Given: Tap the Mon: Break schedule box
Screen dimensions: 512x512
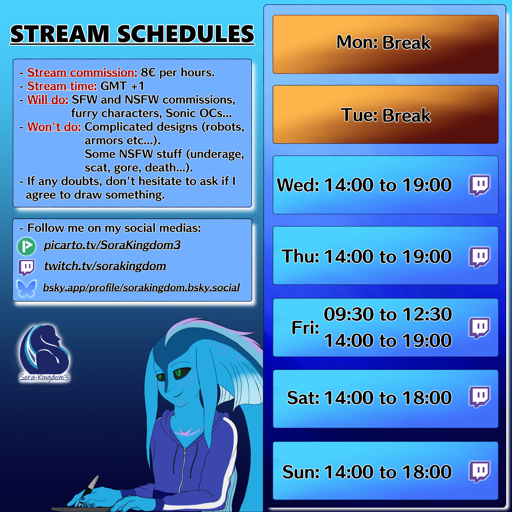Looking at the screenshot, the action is (386, 44).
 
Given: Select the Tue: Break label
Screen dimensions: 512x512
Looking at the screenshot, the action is (386, 115).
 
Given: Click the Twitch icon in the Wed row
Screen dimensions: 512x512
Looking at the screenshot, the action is (479, 185).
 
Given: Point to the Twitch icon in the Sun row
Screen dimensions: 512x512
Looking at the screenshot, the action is (479, 472).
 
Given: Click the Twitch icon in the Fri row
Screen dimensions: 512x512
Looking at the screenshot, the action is (479, 328).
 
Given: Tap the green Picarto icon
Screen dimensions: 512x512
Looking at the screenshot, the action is (27, 247).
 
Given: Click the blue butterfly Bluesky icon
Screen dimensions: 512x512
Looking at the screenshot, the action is (26, 288).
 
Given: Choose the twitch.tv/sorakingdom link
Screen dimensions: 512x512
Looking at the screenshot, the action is (105, 266).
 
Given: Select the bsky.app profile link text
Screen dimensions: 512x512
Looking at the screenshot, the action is (141, 287).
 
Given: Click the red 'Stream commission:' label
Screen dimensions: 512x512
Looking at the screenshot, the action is (82, 72).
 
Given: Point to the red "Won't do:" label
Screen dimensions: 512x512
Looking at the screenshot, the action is (54, 127).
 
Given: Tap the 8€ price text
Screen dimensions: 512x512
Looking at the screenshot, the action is (148, 72).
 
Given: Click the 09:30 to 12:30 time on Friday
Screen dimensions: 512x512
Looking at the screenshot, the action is (388, 314).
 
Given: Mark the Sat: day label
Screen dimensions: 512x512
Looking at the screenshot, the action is (303, 398).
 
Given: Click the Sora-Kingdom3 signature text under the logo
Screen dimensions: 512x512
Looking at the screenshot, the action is (45, 377).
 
